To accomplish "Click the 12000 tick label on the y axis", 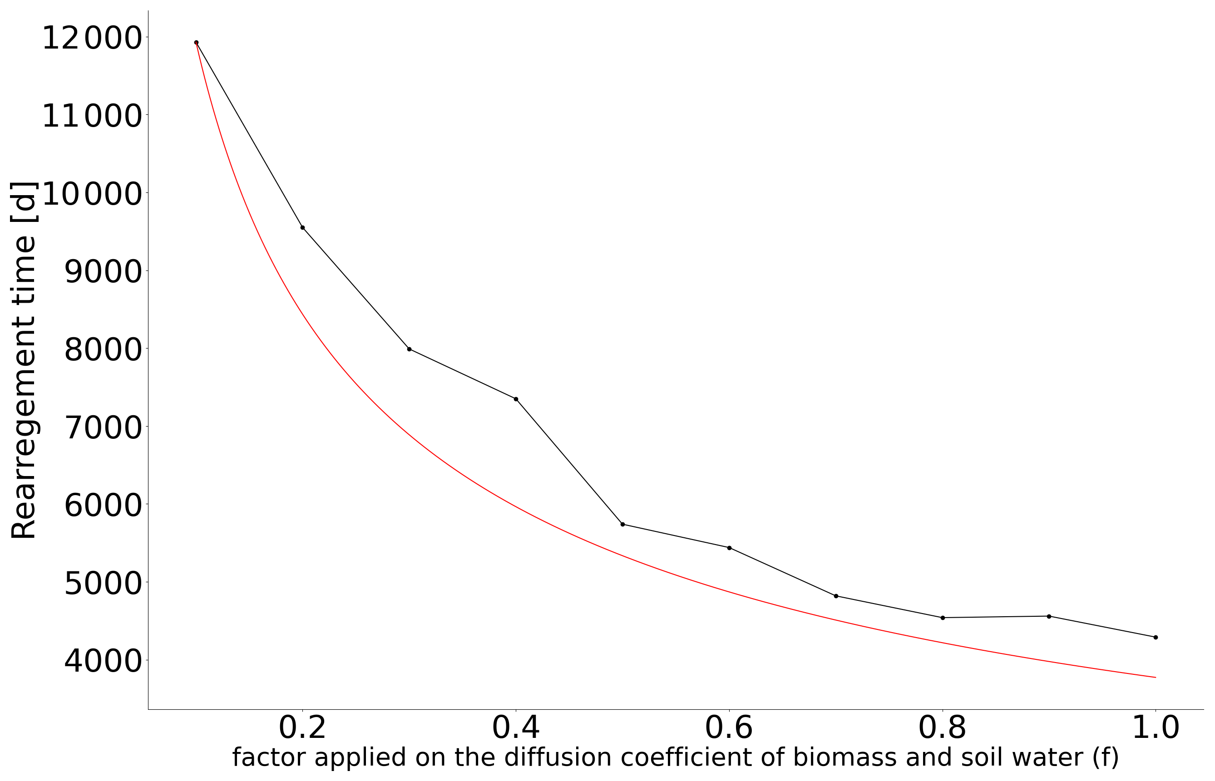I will [x=91, y=39].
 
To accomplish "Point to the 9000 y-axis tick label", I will [x=103, y=272].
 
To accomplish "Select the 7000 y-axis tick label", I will [x=103, y=427].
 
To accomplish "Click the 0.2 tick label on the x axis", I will [x=302, y=728].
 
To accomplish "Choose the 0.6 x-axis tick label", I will [x=729, y=728].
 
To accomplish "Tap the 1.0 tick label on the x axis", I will [x=1156, y=728].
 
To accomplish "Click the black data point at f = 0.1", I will [x=196, y=43].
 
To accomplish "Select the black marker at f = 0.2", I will [x=303, y=228].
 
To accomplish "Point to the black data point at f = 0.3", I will [x=410, y=349].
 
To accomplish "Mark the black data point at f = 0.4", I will [x=516, y=399].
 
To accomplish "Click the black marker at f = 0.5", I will [x=622, y=525].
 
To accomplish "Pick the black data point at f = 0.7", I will [x=836, y=596].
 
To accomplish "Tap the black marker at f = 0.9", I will [x=1049, y=616].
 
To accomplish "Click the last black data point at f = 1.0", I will [x=1156, y=638].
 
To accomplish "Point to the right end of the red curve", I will [x=1155, y=677].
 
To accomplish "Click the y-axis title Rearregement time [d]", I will [x=23, y=360].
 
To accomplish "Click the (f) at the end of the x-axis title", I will [x=1106, y=758].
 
